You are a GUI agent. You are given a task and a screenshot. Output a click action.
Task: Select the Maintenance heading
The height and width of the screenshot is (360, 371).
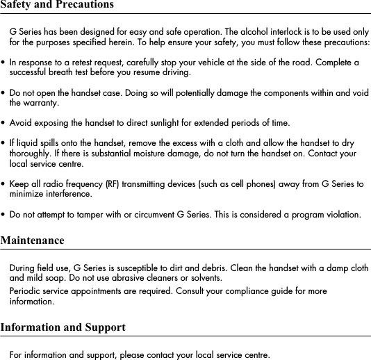click(32, 240)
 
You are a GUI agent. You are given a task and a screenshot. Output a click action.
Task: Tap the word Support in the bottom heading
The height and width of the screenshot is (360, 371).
click(104, 327)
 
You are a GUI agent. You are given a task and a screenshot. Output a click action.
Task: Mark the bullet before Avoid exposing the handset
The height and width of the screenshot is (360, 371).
click(3, 124)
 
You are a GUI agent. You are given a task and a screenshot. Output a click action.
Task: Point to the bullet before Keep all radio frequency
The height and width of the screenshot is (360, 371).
click(3, 185)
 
